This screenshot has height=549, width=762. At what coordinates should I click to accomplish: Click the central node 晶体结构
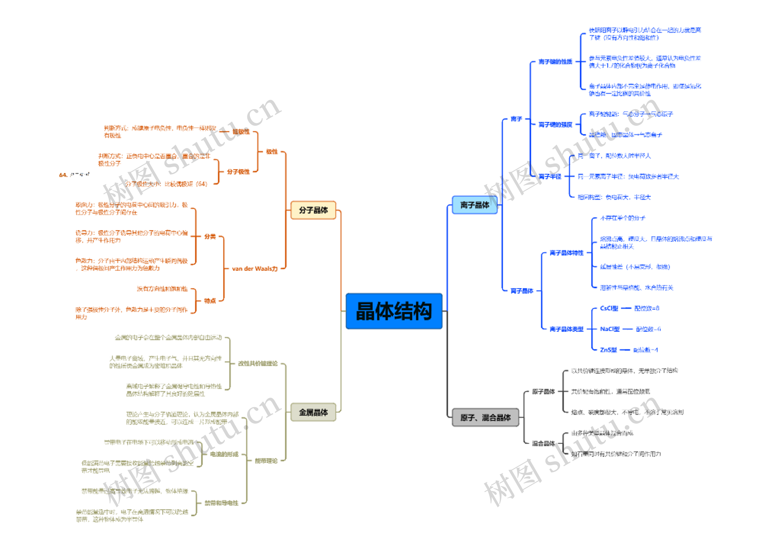394,311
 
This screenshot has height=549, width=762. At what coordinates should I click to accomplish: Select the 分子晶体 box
313,210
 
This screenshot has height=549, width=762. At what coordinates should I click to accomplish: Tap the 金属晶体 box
313,412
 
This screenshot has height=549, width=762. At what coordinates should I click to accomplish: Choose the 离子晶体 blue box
474,205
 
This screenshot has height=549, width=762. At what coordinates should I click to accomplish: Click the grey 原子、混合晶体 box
485,418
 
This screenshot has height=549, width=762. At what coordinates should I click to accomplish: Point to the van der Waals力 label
255,269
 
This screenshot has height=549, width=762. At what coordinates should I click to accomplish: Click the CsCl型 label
609,308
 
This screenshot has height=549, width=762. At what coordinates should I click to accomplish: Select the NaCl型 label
610,329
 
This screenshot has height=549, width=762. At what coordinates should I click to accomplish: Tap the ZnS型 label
608,350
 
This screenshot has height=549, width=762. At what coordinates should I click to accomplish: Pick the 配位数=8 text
647,308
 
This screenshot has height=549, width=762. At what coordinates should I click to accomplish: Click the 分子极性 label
238,172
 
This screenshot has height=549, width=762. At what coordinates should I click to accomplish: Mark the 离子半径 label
550,177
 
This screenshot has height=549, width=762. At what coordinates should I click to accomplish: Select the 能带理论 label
266,461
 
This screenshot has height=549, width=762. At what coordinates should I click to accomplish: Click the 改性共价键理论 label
258,363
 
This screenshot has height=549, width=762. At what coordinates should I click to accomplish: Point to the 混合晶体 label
543,444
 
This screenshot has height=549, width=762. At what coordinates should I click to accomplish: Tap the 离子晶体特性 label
566,253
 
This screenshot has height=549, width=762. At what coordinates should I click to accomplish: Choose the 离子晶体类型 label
566,329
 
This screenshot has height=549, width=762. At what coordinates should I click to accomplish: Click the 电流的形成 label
224,454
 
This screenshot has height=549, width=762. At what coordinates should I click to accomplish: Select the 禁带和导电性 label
221,503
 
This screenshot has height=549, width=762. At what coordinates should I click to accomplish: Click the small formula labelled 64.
74,175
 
